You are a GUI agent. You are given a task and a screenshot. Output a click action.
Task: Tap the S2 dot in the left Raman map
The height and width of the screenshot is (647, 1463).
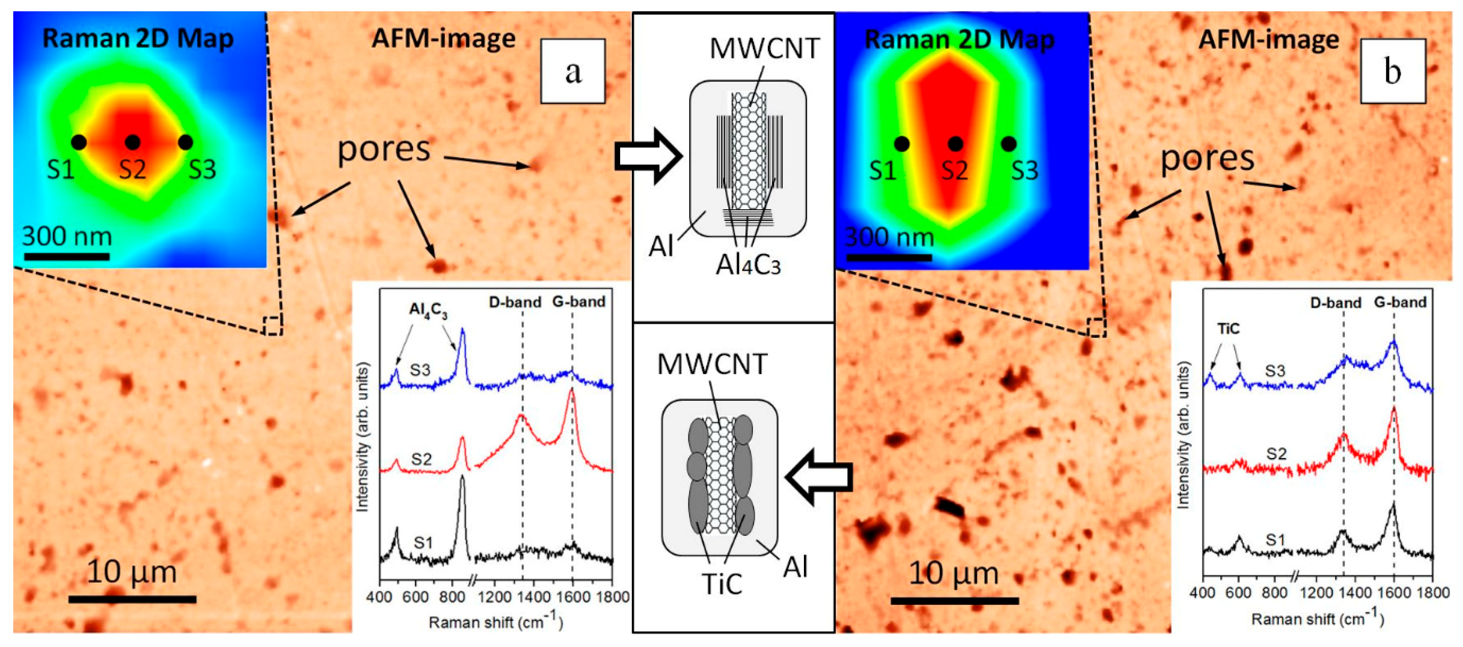132,142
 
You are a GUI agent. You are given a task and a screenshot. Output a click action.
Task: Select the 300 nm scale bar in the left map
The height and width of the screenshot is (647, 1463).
67,257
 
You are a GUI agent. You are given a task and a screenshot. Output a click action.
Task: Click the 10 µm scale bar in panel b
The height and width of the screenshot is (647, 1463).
954,600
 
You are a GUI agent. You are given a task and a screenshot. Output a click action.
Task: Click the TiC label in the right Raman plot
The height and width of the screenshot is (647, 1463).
1228,328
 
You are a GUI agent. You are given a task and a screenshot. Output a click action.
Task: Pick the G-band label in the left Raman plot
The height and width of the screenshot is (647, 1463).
579,301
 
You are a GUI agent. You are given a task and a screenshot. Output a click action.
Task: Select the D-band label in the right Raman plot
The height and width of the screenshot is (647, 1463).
1335,303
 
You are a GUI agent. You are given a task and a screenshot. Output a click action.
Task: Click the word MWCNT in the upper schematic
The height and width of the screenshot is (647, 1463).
765,49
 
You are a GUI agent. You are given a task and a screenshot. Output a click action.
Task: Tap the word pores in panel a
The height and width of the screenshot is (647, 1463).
384,149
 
